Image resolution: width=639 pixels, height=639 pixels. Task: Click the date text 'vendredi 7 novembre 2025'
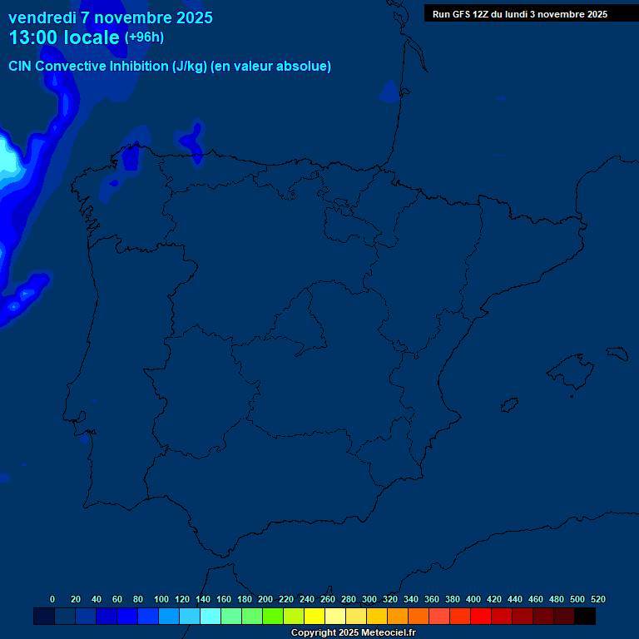(x=111, y=17)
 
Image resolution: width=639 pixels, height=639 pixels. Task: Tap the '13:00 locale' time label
(x=64, y=37)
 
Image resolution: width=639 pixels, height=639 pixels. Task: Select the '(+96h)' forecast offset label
(x=144, y=37)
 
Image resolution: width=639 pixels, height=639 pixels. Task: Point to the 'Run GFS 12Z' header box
(x=520, y=14)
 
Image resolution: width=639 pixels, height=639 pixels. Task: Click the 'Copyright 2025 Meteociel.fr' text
(x=353, y=633)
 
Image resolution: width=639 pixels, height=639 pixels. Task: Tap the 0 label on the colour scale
(x=52, y=599)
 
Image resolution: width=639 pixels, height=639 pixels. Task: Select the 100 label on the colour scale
(x=161, y=599)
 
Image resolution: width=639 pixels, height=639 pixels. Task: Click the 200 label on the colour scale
(x=265, y=599)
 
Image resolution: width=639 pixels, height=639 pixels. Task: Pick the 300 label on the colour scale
(x=369, y=599)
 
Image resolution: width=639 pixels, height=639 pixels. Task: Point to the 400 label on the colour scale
(x=473, y=599)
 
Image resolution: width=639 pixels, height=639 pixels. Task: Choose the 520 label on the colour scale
(x=598, y=599)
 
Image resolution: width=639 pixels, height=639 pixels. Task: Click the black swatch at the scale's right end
(x=585, y=617)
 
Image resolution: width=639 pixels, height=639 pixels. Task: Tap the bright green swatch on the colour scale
(x=273, y=617)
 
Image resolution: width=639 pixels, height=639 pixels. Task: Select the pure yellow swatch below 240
(x=315, y=617)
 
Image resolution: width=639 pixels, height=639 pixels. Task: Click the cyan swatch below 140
(x=211, y=617)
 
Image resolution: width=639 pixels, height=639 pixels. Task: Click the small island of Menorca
(x=618, y=354)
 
